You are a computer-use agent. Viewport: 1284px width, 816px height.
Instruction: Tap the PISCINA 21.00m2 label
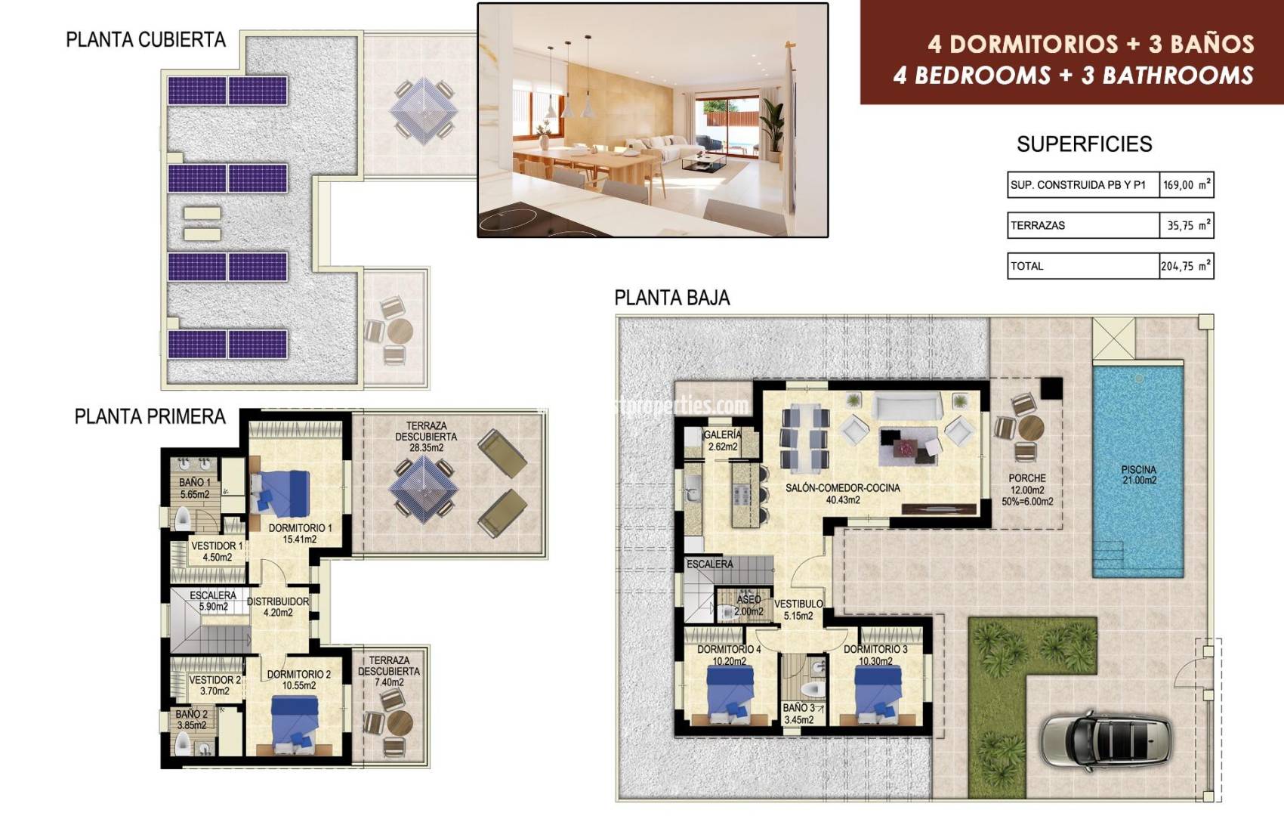[x=1138, y=474]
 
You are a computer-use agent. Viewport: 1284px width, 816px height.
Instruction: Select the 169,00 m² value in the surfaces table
[x=1187, y=185]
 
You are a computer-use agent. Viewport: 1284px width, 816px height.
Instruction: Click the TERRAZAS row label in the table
[x=1038, y=225]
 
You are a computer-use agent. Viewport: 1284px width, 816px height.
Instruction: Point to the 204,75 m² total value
[x=1186, y=266]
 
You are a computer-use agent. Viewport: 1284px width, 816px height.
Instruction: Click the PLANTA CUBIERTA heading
[x=146, y=40]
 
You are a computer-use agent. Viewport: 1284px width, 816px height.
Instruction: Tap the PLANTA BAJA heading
[x=671, y=298]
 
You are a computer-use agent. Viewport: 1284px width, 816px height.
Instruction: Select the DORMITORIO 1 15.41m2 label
[x=300, y=533]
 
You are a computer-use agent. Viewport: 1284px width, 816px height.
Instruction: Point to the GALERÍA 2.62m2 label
[x=722, y=440]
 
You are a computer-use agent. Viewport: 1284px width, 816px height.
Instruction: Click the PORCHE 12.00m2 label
[x=1026, y=490]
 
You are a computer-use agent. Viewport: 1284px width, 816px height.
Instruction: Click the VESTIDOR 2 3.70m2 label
[x=215, y=685]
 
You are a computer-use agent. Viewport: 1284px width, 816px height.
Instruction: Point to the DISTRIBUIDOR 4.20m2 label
[x=277, y=607]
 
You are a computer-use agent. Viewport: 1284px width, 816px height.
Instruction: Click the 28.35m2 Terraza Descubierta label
[x=426, y=437]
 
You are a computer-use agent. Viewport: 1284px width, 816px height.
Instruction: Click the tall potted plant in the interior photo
[x=772, y=125]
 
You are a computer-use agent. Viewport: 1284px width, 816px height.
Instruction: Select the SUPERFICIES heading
[x=1084, y=144]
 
